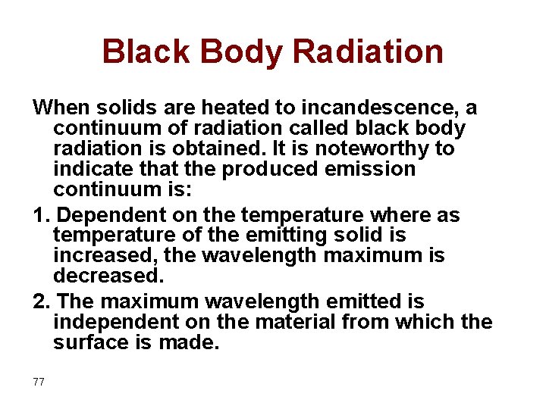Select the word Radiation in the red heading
368,52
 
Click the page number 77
39,382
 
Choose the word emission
371,169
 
